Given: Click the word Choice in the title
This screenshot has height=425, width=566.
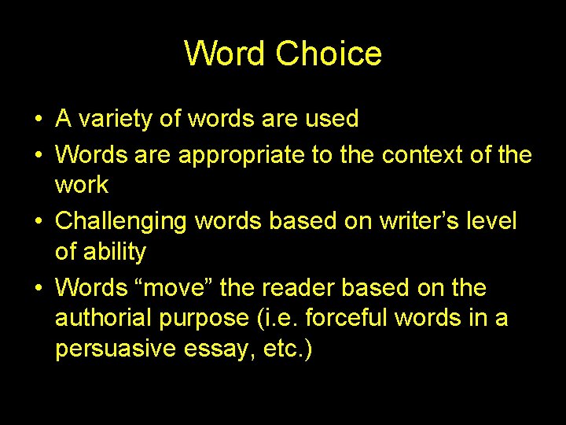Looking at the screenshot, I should tap(329, 54).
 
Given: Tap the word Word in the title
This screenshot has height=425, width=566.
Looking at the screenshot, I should tap(226, 54).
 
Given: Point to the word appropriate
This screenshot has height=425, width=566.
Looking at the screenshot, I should tap(242, 155).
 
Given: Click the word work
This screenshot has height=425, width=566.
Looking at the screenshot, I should tap(82, 185).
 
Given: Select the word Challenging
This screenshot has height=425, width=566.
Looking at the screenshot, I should tap(122, 222).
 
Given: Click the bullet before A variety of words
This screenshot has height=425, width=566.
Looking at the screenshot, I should tap(38, 120).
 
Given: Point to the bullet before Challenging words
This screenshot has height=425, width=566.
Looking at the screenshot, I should tap(38, 223).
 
